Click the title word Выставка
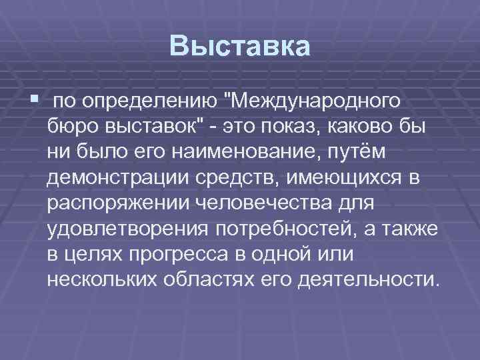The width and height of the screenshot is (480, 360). tap(240, 47)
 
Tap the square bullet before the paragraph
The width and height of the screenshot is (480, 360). tap(34, 99)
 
